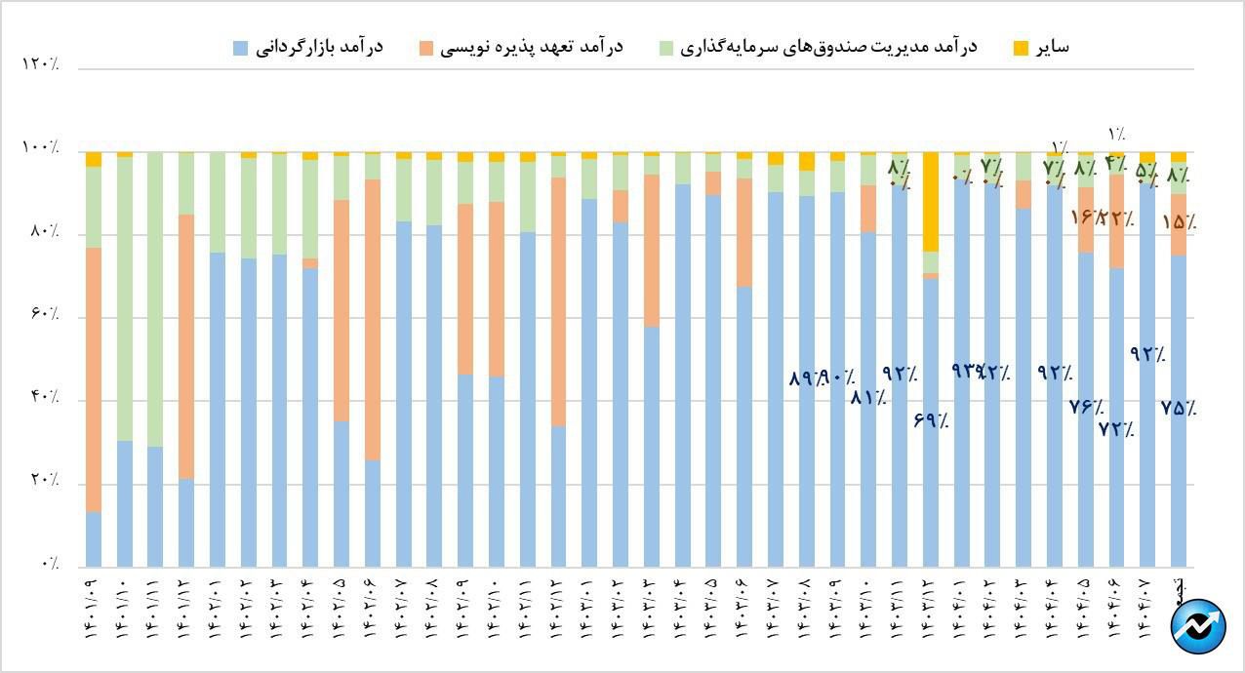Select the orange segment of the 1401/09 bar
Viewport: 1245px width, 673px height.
(94, 379)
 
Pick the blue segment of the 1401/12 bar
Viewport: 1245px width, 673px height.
(187, 522)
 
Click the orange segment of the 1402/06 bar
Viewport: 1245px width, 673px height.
(373, 320)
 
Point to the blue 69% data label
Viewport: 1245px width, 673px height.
(931, 421)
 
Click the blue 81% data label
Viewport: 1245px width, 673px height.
(867, 397)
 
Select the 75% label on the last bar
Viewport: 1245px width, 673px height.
(1179, 409)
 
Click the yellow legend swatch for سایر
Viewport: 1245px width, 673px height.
(1022, 47)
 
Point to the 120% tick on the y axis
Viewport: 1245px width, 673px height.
(40, 64)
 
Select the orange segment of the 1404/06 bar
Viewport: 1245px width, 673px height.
(1116, 221)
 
